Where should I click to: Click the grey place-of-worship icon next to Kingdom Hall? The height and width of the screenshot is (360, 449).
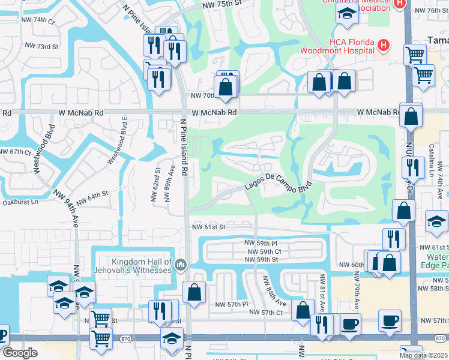pos(181,265)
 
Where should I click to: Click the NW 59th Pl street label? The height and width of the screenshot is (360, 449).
pos(261,242)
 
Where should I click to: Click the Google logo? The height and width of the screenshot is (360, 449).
pos(20,353)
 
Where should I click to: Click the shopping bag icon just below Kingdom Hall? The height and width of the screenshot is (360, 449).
pos(194,293)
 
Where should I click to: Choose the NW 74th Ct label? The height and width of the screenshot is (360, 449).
pos(40,20)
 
